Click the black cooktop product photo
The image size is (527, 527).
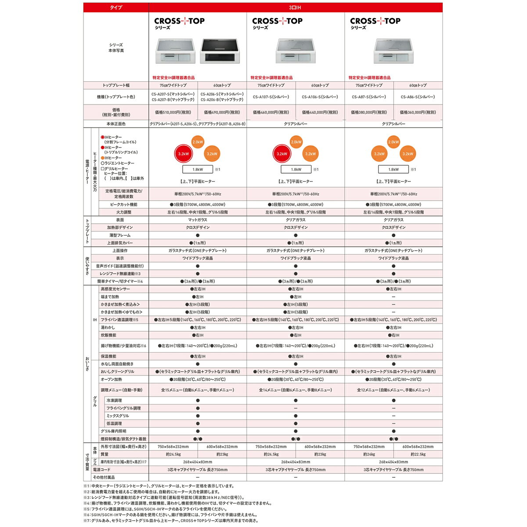pos(222,52)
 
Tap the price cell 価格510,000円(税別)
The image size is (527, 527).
pos(173,112)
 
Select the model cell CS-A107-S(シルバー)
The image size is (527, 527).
pos(271,97)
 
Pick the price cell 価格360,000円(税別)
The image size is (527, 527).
pos(418,112)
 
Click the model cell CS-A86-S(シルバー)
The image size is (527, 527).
pos(418,97)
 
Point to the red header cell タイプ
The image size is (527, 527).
pos(116,7)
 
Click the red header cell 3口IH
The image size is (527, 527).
pos(295,7)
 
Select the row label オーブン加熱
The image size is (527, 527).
pos(112,379)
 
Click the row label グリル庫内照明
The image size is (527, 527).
pos(113,431)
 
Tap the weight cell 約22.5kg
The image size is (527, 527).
pos(418,455)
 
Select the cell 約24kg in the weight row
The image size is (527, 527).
pos(369,455)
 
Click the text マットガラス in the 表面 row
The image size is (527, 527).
pos(198,220)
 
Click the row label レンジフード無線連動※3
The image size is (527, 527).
pos(119,274)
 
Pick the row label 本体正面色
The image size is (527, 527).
pos(116,124)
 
